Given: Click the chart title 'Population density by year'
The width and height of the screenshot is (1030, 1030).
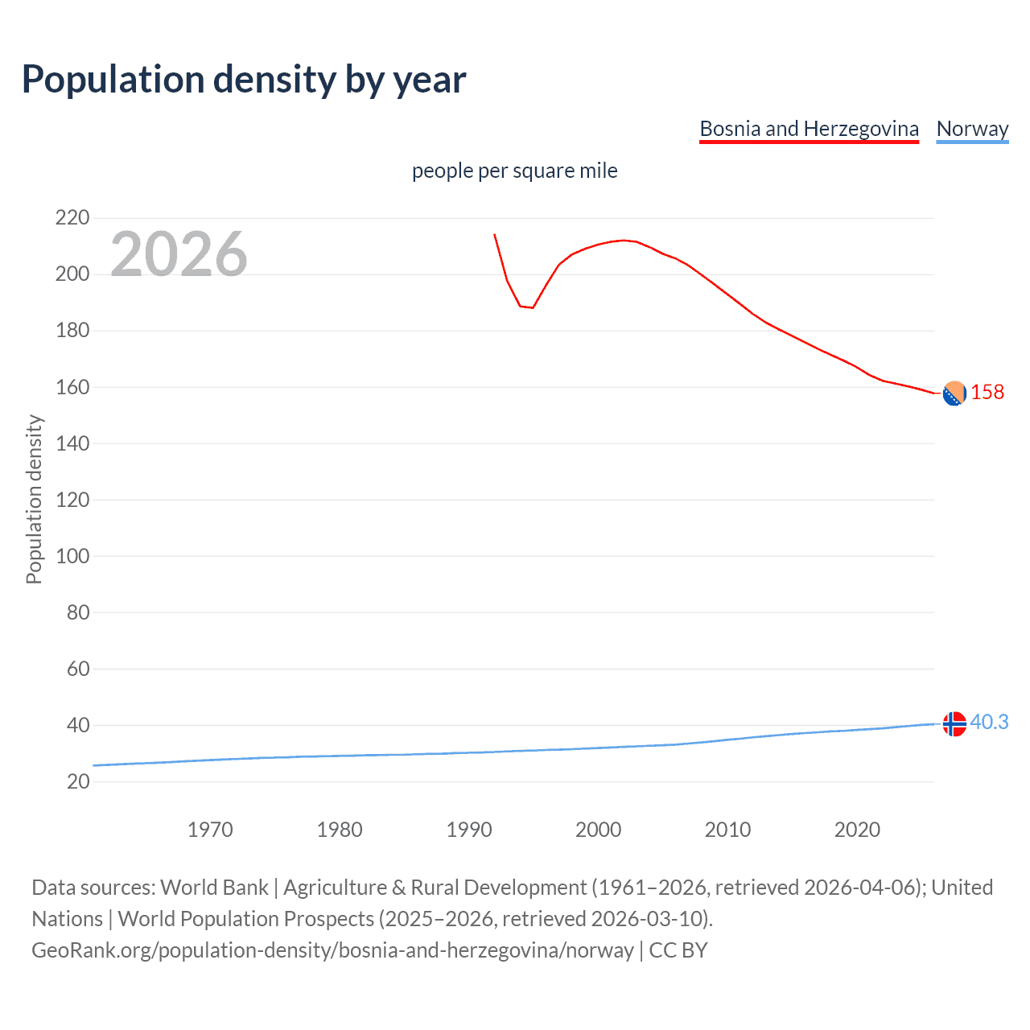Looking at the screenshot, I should point(244,80).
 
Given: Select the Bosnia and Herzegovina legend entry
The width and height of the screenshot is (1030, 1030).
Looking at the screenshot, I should point(809,129).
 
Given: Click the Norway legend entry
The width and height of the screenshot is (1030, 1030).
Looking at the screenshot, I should point(972,129).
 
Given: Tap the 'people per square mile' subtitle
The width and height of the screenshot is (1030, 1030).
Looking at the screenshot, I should point(514,171).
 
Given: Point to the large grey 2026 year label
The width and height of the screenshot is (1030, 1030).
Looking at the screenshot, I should point(179,254).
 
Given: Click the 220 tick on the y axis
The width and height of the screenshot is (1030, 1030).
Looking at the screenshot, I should point(72,217).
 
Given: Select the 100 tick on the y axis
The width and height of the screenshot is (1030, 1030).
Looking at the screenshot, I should point(72,556).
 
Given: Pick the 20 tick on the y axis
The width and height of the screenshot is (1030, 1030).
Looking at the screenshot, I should point(78,781).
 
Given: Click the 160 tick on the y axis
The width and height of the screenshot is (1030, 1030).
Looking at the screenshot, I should point(72,387).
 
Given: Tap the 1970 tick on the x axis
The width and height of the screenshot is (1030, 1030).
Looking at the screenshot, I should point(210,830).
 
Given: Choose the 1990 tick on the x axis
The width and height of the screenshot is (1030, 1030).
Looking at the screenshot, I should point(469,830).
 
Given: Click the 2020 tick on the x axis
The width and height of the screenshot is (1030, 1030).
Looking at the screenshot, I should point(857,830).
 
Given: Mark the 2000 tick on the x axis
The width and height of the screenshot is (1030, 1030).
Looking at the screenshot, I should point(598,830).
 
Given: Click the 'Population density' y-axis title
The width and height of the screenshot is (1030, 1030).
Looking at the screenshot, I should point(34,499).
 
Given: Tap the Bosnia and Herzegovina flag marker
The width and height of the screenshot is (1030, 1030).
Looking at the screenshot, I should point(954,393).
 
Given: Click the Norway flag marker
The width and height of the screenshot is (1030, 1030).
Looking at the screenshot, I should point(954,724).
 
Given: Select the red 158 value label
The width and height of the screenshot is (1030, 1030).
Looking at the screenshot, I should point(987,392).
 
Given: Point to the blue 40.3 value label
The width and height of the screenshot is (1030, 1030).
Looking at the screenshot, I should point(989,722).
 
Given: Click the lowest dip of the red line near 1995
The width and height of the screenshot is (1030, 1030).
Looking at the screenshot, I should point(532,307).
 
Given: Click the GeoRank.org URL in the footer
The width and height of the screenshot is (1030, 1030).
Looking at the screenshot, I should point(332,950).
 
